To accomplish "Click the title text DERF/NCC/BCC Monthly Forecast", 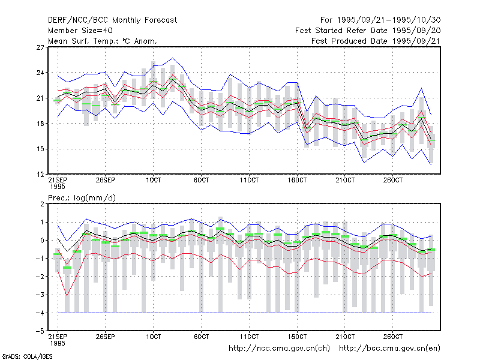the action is [112, 20].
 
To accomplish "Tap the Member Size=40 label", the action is [80, 31].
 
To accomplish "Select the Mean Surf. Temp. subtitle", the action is [103, 41].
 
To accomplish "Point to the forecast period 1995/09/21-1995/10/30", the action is [380, 20].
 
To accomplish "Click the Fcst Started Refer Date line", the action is [368, 31].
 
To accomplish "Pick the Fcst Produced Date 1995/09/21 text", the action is [376, 41].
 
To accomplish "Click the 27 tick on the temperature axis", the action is [40, 47].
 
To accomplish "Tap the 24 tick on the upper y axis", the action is [40, 73].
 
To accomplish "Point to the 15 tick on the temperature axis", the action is [40, 149].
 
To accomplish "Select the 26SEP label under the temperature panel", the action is [106, 180].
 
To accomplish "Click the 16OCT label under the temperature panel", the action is [297, 180].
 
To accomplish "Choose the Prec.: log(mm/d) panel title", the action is [82, 198].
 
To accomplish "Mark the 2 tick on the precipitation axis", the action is [42, 204].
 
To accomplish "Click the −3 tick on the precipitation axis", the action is [40, 295].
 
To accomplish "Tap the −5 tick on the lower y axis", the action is [40, 331].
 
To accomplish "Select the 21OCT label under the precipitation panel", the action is [345, 337].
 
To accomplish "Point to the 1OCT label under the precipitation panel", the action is [154, 337].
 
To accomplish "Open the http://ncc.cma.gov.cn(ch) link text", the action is [279, 349].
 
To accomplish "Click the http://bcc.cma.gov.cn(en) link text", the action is [389, 349].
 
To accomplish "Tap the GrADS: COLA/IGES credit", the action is [27, 356].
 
